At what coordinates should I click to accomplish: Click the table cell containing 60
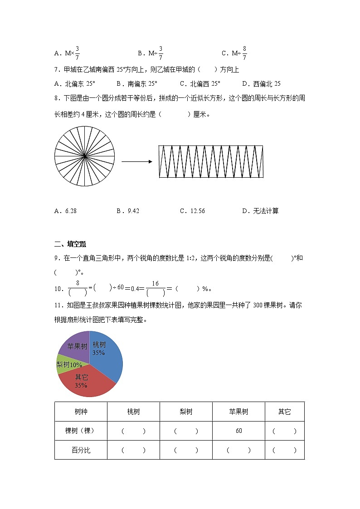pyautogui.click(x=238, y=431)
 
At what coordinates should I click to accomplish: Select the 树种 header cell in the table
pyautogui.click(x=81, y=412)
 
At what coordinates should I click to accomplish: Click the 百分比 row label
pyautogui.click(x=81, y=451)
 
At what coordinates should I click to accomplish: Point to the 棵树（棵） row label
pyautogui.click(x=81, y=431)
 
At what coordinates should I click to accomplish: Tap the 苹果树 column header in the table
pyautogui.click(x=238, y=412)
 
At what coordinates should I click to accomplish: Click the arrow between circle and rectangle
pyautogui.click(x=136, y=161)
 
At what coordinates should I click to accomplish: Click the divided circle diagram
pyautogui.click(x=85, y=156)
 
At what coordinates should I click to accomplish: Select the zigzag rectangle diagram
pyautogui.click(x=211, y=162)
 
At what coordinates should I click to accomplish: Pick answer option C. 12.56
pyautogui.click(x=192, y=211)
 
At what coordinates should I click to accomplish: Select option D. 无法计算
pyautogui.click(x=260, y=211)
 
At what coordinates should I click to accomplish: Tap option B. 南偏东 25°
pyautogui.click(x=136, y=83)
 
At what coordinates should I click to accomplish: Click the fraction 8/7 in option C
pyautogui.click(x=244, y=53)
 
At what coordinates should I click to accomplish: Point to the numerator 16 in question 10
pyautogui.click(x=155, y=284)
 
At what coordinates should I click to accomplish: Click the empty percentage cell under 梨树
pyautogui.click(x=186, y=451)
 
